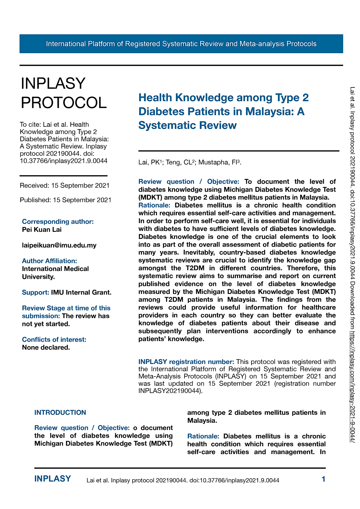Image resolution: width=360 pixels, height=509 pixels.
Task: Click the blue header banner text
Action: [x=181, y=44]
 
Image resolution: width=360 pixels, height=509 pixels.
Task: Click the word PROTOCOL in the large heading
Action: [x=64, y=102]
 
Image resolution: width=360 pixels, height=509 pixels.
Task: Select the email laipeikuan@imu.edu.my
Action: [x=59, y=245]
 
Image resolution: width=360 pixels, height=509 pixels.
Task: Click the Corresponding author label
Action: [x=58, y=221]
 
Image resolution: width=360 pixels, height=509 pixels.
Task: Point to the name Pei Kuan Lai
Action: [x=42, y=229]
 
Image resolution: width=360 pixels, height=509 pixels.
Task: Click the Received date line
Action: [x=64, y=186]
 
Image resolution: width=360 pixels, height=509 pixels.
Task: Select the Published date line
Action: [x=65, y=200]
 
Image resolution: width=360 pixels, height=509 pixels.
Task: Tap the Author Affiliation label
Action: [x=49, y=261]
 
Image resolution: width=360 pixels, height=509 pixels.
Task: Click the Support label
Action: [x=36, y=292]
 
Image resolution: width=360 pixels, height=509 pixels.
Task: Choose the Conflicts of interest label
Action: [x=54, y=339]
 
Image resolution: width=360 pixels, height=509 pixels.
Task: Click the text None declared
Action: [x=46, y=347]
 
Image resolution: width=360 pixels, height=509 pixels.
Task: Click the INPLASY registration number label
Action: [x=186, y=362]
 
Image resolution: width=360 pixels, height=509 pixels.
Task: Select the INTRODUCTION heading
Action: [x=60, y=413]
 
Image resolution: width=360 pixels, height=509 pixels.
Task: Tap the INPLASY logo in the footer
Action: [x=53, y=479]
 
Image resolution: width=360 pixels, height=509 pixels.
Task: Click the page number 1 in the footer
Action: [x=324, y=479]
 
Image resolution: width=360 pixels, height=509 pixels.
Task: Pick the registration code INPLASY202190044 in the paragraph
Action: [x=170, y=391]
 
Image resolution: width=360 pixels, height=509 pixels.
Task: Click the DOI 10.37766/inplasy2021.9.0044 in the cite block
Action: [x=63, y=161]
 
